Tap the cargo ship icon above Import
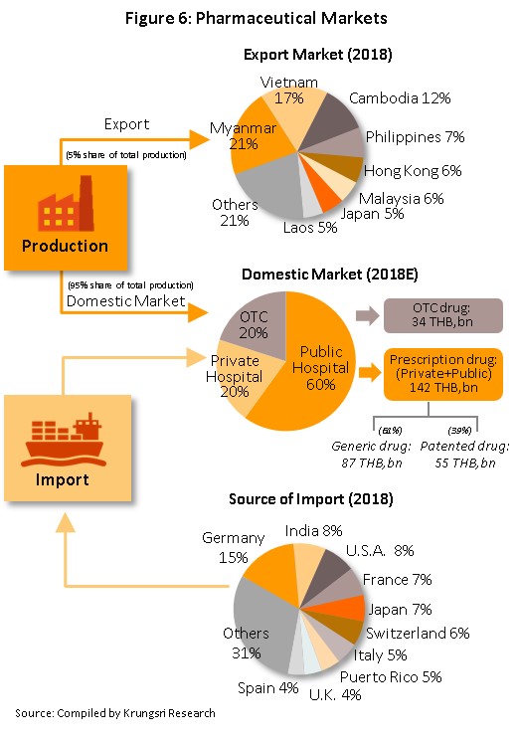[x=63, y=440]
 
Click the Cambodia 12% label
[x=400, y=98]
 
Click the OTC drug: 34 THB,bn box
[x=442, y=315]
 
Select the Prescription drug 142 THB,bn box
[x=442, y=374]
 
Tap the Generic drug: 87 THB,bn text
[x=371, y=455]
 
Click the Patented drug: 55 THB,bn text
[x=464, y=455]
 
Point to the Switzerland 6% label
[x=418, y=633]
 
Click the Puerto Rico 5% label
[x=391, y=676]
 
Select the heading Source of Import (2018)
[x=310, y=499]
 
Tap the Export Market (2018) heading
[x=318, y=55]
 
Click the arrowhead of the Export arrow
[x=199, y=139]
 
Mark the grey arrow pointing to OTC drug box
[x=368, y=315]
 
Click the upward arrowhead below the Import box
[x=66, y=522]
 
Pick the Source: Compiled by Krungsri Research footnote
[x=115, y=713]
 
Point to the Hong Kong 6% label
[x=413, y=171]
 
